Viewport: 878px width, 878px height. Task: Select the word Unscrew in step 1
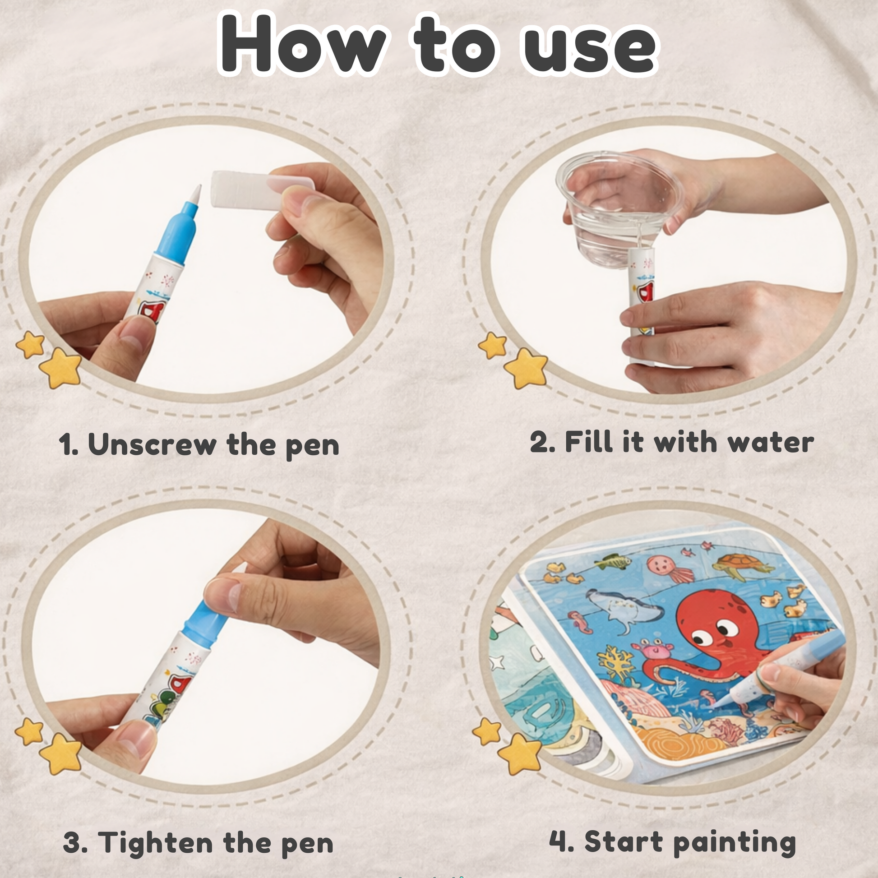152,444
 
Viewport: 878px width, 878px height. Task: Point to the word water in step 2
771,442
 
